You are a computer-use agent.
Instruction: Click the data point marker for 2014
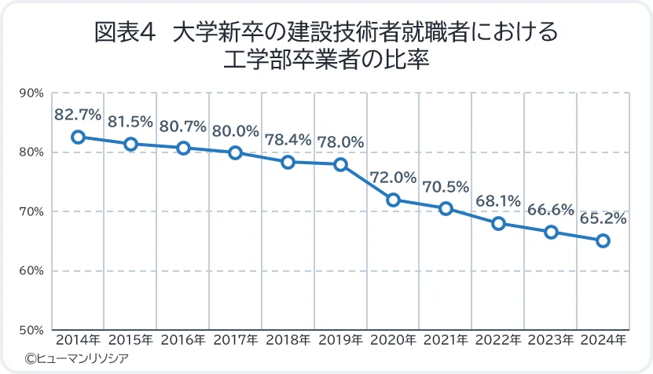(78, 137)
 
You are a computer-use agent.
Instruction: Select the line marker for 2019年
(341, 164)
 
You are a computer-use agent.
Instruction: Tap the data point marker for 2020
(394, 200)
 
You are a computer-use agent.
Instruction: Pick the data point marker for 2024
(603, 240)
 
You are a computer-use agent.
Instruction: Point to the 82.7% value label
(78, 115)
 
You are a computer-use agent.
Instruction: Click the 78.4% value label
(288, 140)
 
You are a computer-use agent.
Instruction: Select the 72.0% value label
(393, 178)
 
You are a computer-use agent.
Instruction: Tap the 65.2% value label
(603, 219)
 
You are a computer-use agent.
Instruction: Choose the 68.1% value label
(498, 201)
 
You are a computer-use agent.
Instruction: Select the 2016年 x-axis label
(183, 341)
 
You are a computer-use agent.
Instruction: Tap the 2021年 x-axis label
(446, 341)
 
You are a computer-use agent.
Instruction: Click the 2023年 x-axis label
(551, 341)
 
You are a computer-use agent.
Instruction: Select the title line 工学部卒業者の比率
(326, 60)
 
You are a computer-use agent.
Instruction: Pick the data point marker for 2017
(235, 152)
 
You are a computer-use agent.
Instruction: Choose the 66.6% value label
(551, 210)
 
